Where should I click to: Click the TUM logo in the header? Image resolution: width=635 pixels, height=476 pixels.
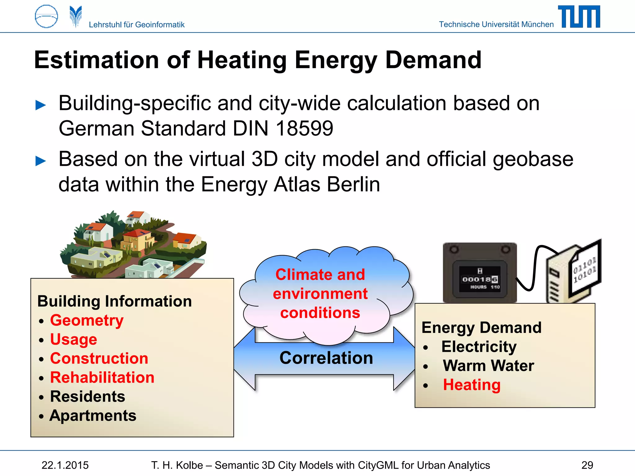pos(579,17)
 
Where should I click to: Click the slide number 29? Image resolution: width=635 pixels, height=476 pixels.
pos(587,465)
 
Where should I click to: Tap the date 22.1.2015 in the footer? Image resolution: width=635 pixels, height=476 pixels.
pos(65,465)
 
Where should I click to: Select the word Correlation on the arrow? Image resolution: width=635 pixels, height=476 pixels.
pos(326,358)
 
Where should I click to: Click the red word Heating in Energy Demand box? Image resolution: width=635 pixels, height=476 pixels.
pos(472,385)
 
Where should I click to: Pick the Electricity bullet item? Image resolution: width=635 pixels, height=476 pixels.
pos(479,346)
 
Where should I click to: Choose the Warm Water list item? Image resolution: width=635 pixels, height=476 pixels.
pos(488,366)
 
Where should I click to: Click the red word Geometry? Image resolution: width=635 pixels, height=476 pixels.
pos(87,320)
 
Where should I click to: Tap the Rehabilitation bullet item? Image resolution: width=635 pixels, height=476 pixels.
pos(102,377)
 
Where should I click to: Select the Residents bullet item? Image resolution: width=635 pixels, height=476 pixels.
pos(88,397)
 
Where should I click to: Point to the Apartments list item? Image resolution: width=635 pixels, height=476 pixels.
pos(93,416)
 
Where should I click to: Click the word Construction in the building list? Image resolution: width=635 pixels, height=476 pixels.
pos(99,359)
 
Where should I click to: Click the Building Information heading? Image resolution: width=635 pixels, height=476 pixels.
pos(114,301)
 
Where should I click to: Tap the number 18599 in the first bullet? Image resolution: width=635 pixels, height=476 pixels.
pos(304,128)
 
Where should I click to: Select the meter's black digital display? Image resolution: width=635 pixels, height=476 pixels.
pos(480,279)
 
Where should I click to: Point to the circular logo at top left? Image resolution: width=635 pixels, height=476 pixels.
pos(47,16)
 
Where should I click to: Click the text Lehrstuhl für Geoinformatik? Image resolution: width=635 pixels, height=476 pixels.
pos(136,24)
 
